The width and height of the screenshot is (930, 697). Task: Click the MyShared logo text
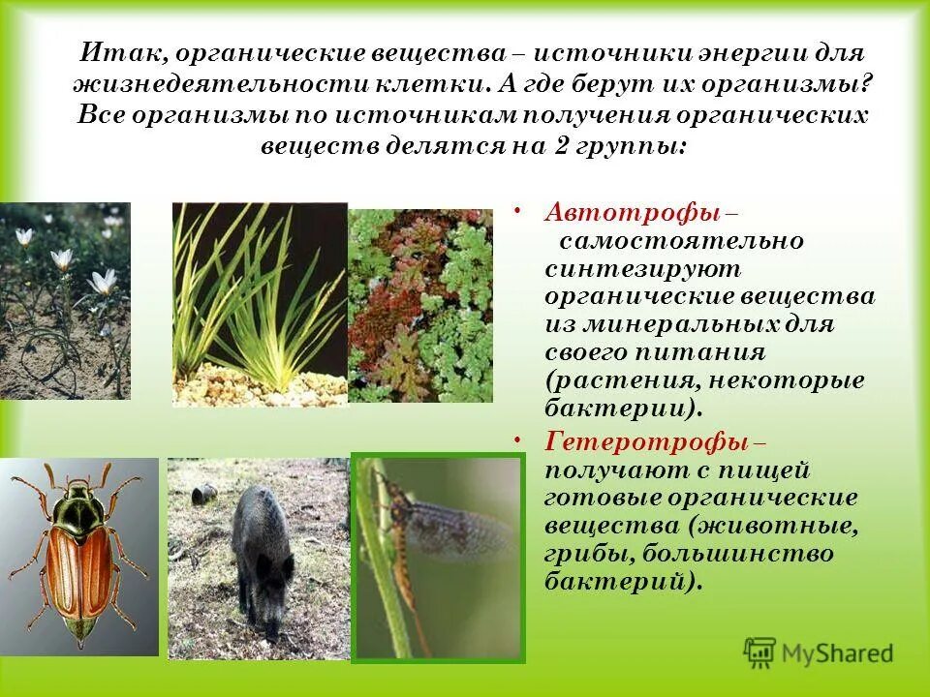(x=837, y=653)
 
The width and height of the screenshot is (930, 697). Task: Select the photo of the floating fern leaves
(x=418, y=305)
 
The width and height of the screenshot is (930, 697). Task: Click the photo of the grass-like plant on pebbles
(x=260, y=305)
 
